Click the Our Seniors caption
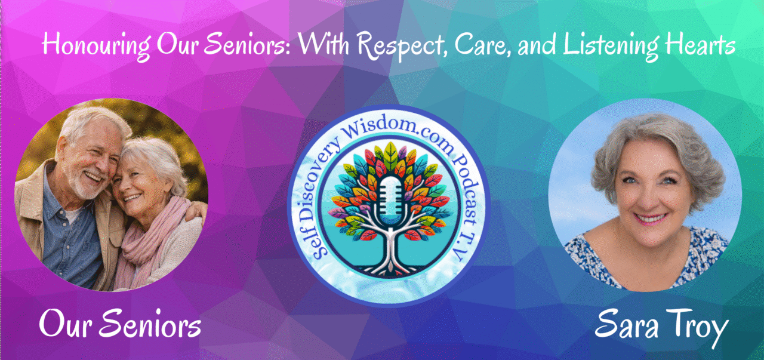pos(120,323)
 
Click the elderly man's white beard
pos(85,184)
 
